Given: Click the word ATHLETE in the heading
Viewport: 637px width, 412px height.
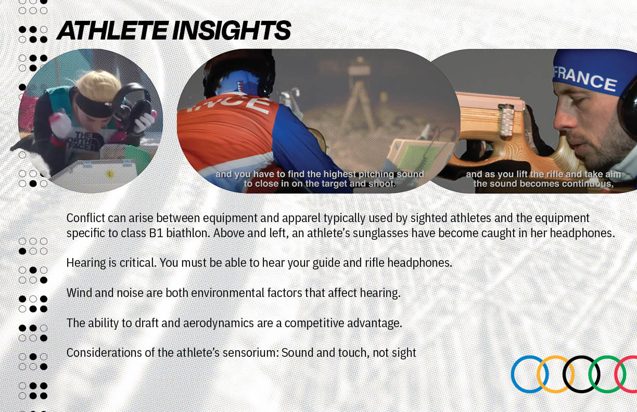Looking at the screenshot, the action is pyautogui.click(x=113, y=30).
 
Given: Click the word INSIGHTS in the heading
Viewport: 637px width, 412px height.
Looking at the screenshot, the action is pyautogui.click(x=232, y=30).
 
